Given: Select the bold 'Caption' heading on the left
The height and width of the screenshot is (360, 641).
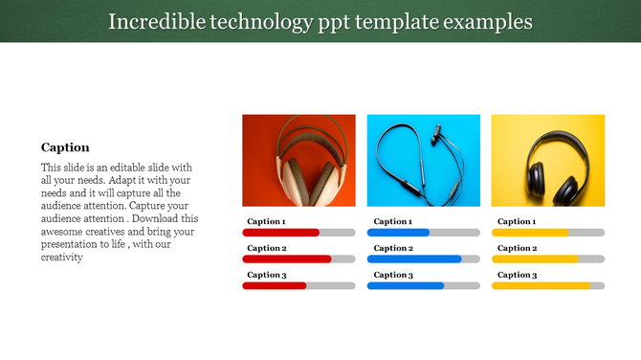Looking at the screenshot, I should pyautogui.click(x=65, y=147).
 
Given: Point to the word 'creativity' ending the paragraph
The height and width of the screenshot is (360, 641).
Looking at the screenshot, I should pyautogui.click(x=63, y=257).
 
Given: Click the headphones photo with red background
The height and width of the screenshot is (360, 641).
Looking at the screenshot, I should pyautogui.click(x=298, y=160).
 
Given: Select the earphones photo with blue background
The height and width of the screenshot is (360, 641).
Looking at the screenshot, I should pyautogui.click(x=423, y=160).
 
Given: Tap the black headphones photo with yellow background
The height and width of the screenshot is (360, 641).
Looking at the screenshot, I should pyautogui.click(x=547, y=160).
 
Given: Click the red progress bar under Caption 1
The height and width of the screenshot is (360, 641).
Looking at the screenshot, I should pyautogui.click(x=280, y=233).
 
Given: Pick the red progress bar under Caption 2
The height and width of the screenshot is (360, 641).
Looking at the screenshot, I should pyautogui.click(x=286, y=259).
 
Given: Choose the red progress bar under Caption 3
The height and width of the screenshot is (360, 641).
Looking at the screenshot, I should pyautogui.click(x=275, y=285).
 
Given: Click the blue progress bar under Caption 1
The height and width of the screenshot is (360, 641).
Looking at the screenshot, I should pyautogui.click(x=398, y=233).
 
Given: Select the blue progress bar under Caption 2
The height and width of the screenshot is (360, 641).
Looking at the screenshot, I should pyautogui.click(x=413, y=259).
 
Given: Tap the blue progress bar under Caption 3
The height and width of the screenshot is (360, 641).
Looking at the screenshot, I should pyautogui.click(x=406, y=285).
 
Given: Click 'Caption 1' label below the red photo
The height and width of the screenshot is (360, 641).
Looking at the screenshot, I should pyautogui.click(x=266, y=221).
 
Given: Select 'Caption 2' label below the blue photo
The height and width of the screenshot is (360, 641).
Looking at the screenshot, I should pyautogui.click(x=390, y=248).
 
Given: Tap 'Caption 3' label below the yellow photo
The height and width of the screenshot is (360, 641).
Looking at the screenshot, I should pyautogui.click(x=515, y=275).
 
